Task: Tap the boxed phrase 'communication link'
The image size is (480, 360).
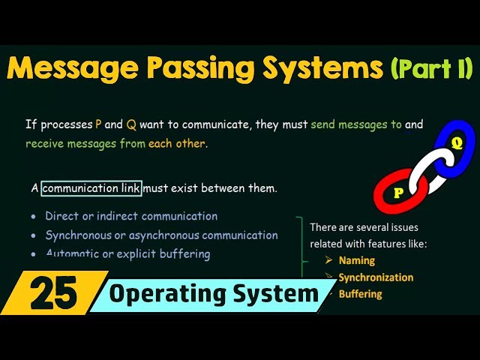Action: click(x=91, y=188)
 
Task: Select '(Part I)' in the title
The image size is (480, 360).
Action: click(x=431, y=70)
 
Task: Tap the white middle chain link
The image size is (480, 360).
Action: click(x=427, y=166)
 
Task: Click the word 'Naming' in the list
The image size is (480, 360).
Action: click(x=356, y=261)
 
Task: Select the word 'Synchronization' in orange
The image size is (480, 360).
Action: click(x=376, y=277)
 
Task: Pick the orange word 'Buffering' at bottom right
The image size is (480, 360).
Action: click(x=360, y=294)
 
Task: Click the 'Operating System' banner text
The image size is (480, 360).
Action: click(x=214, y=293)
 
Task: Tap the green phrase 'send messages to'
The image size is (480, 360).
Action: click(x=356, y=124)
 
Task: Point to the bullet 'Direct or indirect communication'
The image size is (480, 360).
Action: click(x=131, y=216)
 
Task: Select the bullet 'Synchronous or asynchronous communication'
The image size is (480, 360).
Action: click(x=161, y=235)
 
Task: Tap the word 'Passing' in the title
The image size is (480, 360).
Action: click(x=203, y=70)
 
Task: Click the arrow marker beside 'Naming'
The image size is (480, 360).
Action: click(x=328, y=261)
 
